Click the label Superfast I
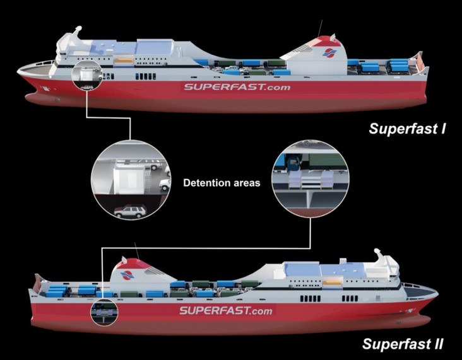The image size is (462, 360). (x=407, y=129)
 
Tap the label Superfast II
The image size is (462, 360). (x=403, y=344)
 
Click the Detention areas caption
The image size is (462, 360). (x=222, y=183)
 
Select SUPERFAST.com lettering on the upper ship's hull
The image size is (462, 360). (x=237, y=87)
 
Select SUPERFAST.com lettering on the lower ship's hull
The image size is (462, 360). (x=226, y=311)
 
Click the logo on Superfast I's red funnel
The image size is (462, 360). (x=329, y=53)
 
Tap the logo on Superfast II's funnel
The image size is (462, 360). (x=127, y=275)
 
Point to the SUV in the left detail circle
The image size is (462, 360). (x=130, y=211)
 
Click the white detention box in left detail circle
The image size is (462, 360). (x=129, y=178)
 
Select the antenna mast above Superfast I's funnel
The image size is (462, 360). (x=320, y=28)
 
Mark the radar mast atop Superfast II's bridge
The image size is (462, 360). (x=378, y=255)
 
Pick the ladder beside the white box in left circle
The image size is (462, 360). (x=148, y=180)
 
